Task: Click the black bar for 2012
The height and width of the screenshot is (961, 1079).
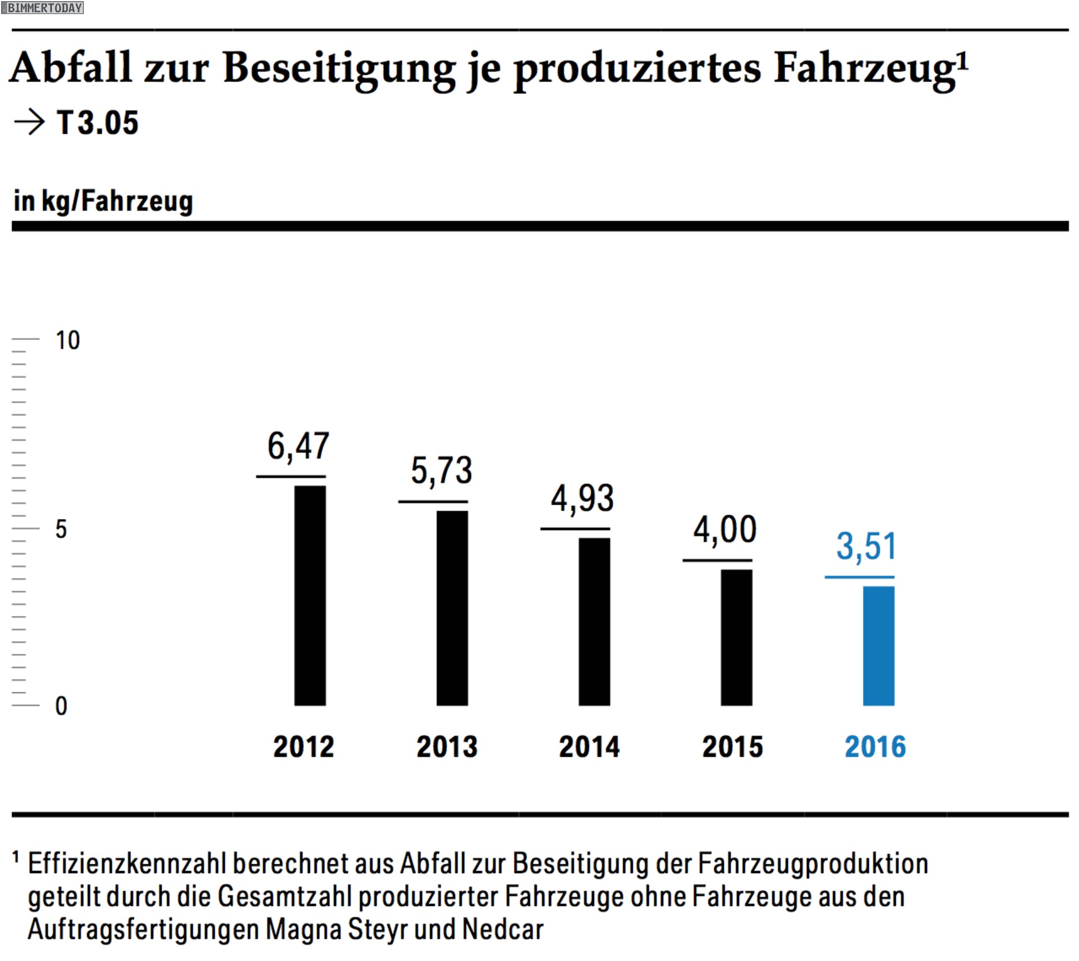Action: [310, 595]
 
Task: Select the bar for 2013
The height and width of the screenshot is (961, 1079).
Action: [452, 608]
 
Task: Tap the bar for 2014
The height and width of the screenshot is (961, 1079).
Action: [594, 621]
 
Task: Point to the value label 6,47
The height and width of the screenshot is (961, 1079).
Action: [298, 447]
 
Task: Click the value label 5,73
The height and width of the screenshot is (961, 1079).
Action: [441, 471]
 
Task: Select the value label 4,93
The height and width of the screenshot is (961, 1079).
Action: [582, 499]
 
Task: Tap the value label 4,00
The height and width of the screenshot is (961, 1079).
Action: [724, 530]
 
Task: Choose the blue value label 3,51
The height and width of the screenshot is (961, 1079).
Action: [866, 547]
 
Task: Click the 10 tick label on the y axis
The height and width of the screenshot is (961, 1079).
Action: [67, 341]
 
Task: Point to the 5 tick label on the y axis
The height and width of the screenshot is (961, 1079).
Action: [61, 529]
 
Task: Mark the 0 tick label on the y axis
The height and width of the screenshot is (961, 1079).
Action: [61, 706]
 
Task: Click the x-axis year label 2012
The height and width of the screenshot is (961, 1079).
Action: [303, 747]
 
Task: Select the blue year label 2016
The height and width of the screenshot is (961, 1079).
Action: [875, 747]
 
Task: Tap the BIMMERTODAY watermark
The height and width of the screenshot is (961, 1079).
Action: [43, 8]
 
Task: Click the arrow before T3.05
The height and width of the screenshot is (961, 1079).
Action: [29, 122]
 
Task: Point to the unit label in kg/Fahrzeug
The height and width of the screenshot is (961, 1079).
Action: [103, 201]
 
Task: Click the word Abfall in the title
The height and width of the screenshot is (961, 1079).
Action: [71, 69]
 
